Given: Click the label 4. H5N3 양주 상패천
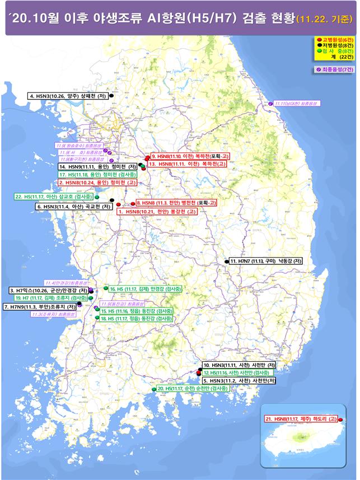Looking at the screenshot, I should pyautogui.click(x=68, y=96).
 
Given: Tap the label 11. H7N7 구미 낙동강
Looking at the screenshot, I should pyautogui.click(x=267, y=261).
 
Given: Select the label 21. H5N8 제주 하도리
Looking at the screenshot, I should pyautogui.click(x=301, y=419).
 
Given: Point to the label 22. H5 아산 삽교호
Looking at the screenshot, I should pyautogui.click(x=54, y=197).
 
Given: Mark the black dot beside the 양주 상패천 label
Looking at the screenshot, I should pyautogui.click(x=112, y=96).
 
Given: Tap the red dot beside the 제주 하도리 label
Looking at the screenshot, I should pyautogui.click(x=341, y=419).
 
